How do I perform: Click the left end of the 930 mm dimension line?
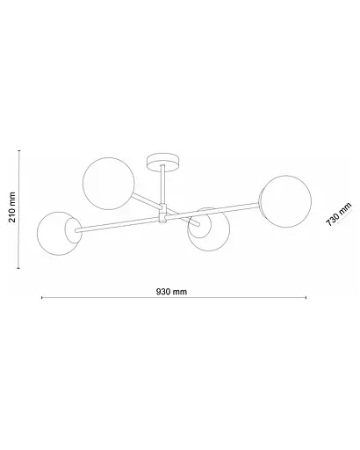pyautogui.click(x=41, y=299)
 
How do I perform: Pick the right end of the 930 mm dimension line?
pyautogui.click(x=306, y=299)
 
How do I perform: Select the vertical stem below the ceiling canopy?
pyautogui.click(x=163, y=186)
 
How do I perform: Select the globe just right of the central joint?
pyautogui.click(x=207, y=233)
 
